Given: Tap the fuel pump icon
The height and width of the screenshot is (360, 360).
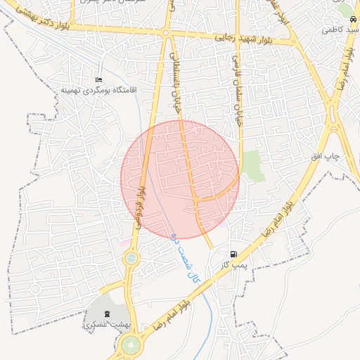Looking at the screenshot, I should coord(233,254).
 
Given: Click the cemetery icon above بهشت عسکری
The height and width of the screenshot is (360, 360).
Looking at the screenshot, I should coord(107,313).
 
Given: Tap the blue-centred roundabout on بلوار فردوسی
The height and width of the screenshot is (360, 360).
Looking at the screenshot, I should coord(131,259).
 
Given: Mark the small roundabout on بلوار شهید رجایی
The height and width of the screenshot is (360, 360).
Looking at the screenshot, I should coord(166,33).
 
